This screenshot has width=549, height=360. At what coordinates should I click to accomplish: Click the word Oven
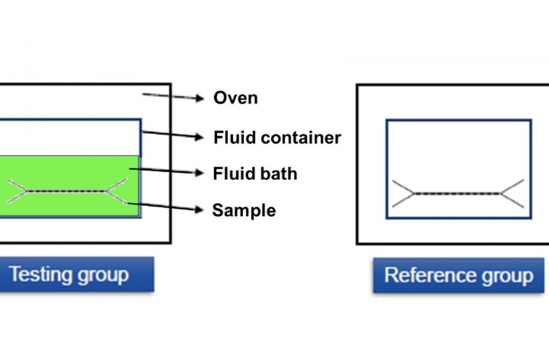235,98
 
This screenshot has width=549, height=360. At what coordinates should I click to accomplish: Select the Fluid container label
276,137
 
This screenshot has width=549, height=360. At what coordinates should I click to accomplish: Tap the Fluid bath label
255,174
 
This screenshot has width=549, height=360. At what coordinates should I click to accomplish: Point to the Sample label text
244,210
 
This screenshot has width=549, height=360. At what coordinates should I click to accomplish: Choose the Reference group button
458,276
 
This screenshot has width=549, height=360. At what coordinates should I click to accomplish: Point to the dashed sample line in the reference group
456,193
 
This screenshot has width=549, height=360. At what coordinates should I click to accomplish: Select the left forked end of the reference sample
402,193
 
